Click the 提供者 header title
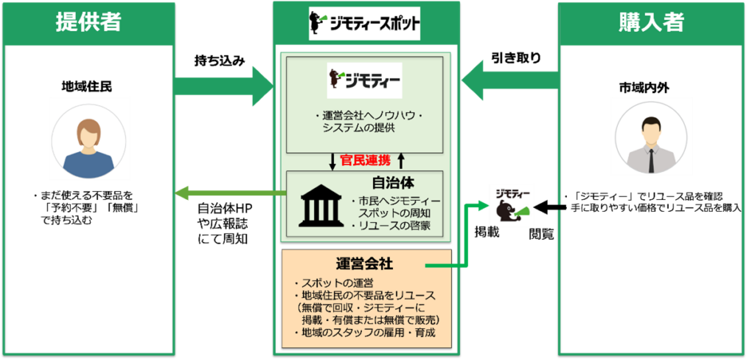click(x=88, y=22)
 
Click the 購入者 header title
click(x=651, y=22)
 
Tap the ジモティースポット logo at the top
click(x=365, y=23)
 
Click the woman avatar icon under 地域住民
click(x=88, y=142)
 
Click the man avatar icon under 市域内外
click(x=650, y=139)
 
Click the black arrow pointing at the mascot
click(x=549, y=209)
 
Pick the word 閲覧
click(x=542, y=234)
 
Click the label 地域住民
click(x=88, y=87)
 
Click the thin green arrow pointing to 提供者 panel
click(x=231, y=194)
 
